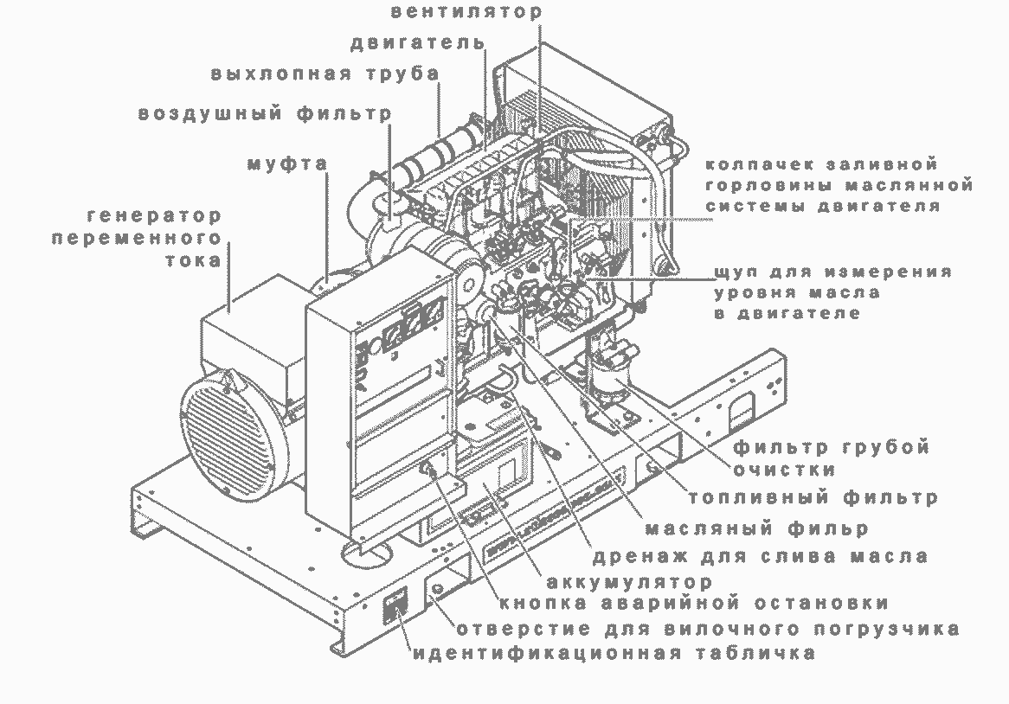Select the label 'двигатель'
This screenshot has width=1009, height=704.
coord(419,43)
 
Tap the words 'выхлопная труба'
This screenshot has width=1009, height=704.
coord(325,74)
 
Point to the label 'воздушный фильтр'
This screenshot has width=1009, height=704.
coord(265,113)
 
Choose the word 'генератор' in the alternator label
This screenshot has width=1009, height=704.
coord(154,214)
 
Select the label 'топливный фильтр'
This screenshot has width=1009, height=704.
coord(813,498)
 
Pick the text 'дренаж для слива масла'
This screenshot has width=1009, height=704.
coord(761,556)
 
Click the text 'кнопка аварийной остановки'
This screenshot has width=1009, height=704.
coord(693,603)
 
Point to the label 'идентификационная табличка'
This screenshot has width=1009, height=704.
coord(614,653)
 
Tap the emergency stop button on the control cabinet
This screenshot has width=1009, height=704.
coord(427,470)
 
